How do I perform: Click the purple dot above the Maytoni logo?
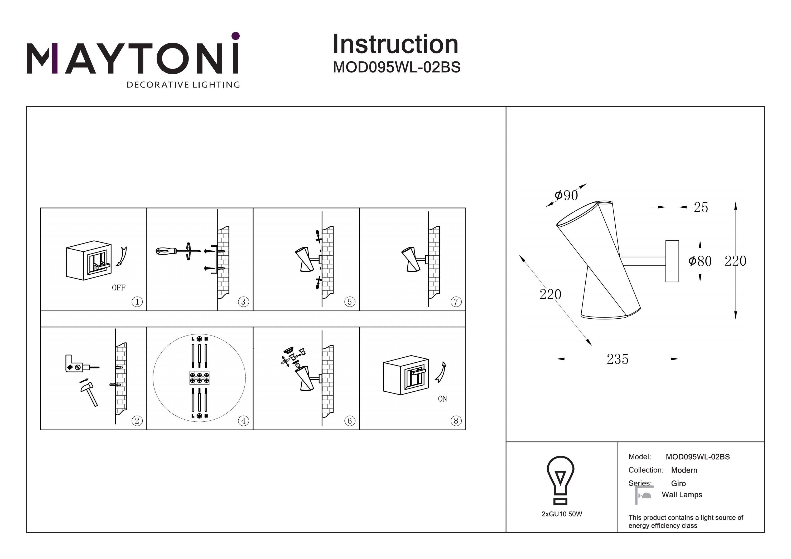[236, 36]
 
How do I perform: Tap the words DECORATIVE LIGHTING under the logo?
[183, 85]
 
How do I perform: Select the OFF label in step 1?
[118, 288]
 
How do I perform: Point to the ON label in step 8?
[442, 399]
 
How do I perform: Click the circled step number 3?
[243, 302]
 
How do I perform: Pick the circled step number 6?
[350, 421]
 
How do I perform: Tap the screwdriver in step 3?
[177, 251]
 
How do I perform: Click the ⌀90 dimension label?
[566, 196]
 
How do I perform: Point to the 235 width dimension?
[617, 359]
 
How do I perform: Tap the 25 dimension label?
[701, 207]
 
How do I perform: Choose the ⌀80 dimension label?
[700, 261]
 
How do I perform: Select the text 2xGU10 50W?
[562, 514]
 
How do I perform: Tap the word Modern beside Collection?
[684, 470]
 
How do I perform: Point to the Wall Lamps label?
[682, 495]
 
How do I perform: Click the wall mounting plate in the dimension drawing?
[672, 261]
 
